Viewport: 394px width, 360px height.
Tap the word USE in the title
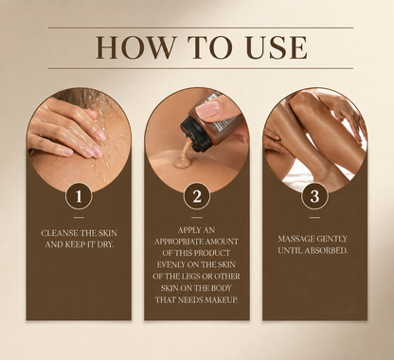[x=277, y=47]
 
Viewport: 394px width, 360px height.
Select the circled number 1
[x=79, y=196]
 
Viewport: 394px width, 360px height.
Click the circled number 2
[x=197, y=196]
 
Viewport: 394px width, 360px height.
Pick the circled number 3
[x=314, y=196]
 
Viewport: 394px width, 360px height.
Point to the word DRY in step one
[x=105, y=244]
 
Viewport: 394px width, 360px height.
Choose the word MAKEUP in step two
[x=222, y=299]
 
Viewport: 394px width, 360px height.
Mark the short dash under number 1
[x=79, y=217]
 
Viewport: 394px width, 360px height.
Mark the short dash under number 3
[x=314, y=217]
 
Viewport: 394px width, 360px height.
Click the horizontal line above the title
[x=201, y=27]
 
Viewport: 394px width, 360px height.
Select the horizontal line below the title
[x=201, y=68]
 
